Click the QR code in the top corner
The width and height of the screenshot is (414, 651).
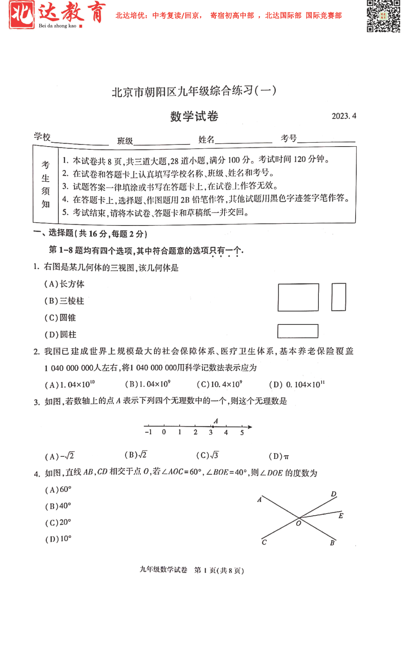[x=383, y=16]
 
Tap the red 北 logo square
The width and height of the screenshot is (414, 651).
[x=22, y=15]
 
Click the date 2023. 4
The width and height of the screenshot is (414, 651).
[x=344, y=116]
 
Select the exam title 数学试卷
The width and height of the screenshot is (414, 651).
[x=194, y=116]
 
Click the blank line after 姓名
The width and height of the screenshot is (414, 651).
[x=244, y=141]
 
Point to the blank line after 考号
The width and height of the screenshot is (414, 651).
[x=326, y=140]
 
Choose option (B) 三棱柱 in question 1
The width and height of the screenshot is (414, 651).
[x=64, y=301]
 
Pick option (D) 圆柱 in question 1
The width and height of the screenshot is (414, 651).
[x=61, y=334]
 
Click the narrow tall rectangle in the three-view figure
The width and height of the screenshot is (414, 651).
[x=338, y=297]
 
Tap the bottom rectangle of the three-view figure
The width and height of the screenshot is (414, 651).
[x=298, y=331]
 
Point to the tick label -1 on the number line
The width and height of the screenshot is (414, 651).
[x=148, y=432]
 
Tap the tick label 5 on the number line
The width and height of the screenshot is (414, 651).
[x=242, y=433]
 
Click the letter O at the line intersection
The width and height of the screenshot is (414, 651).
[x=298, y=523]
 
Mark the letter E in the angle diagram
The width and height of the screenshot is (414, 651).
[x=341, y=516]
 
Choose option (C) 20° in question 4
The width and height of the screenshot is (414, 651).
[x=58, y=522]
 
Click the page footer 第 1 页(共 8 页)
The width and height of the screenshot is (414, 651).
[x=219, y=570]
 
